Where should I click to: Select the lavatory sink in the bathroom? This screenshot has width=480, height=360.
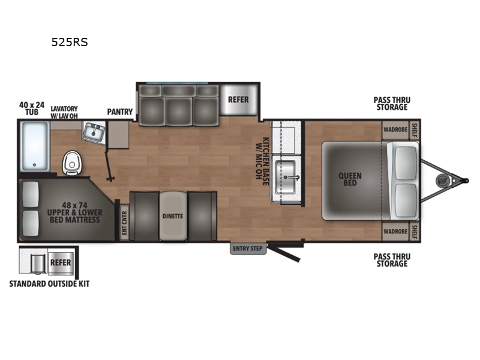click(x=94, y=131)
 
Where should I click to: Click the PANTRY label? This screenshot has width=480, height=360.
click(x=120, y=112)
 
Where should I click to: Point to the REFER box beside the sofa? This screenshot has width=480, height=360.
click(x=237, y=100)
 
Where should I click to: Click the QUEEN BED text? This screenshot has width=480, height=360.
click(x=350, y=179)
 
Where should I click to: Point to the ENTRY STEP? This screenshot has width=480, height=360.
click(x=248, y=248)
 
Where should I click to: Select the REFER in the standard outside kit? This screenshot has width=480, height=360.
click(x=60, y=263)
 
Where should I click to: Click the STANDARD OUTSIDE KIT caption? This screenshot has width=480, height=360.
click(x=52, y=283)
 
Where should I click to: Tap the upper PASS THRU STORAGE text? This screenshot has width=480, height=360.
click(x=391, y=103)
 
